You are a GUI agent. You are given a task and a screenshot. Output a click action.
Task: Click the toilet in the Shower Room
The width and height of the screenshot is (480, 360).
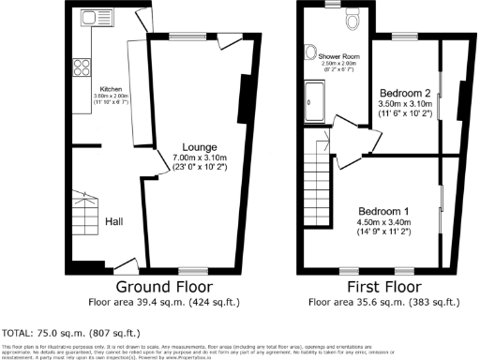click(x=352, y=20)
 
